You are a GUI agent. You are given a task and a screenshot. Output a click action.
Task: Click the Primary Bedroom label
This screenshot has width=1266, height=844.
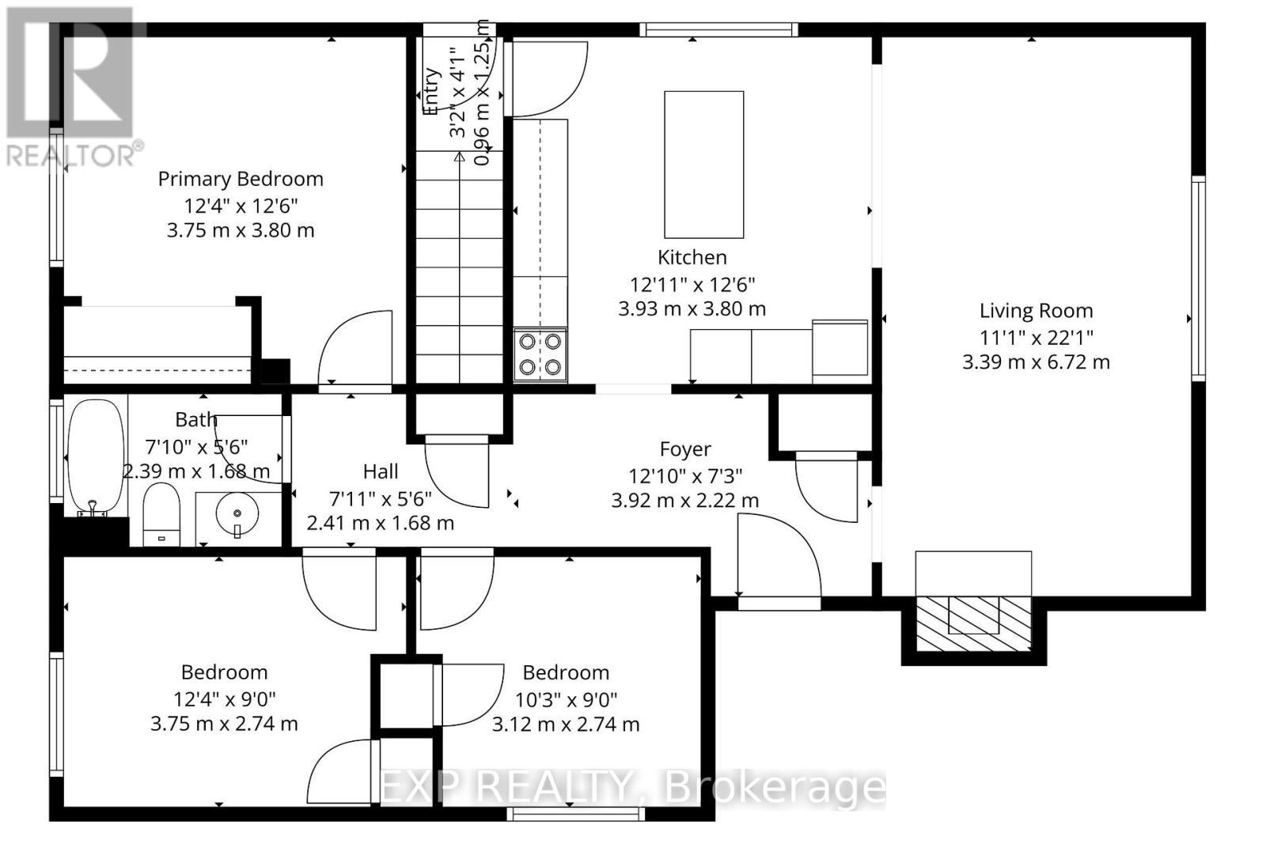(x=241, y=180)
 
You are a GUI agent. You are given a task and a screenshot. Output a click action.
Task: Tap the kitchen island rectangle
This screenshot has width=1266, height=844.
(x=703, y=165)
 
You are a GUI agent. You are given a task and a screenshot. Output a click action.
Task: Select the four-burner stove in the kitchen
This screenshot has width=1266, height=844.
(x=540, y=354)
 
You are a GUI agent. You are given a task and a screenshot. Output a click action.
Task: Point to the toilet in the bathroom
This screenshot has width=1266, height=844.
(x=161, y=515)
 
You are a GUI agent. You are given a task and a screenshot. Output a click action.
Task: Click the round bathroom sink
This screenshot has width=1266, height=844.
(x=237, y=515)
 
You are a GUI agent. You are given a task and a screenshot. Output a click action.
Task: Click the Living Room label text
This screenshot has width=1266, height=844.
(x=1036, y=312)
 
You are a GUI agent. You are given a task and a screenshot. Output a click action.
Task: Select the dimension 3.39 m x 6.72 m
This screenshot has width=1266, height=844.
(x=1036, y=362)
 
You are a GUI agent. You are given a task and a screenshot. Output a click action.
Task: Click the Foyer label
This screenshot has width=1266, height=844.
(x=685, y=450)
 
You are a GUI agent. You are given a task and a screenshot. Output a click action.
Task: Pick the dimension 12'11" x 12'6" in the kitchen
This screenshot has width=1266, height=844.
(x=692, y=284)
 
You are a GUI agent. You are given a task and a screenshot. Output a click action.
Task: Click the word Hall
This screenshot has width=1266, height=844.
(x=380, y=472)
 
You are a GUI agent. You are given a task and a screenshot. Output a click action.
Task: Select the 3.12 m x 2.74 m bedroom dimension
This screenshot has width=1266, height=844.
(x=566, y=725)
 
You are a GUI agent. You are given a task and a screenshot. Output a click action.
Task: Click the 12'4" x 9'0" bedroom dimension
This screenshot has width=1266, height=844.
(x=225, y=699)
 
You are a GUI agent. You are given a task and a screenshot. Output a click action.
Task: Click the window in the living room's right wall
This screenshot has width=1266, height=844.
(x=1198, y=277)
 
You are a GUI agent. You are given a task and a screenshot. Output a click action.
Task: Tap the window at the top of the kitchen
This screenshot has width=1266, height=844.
(x=718, y=30)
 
